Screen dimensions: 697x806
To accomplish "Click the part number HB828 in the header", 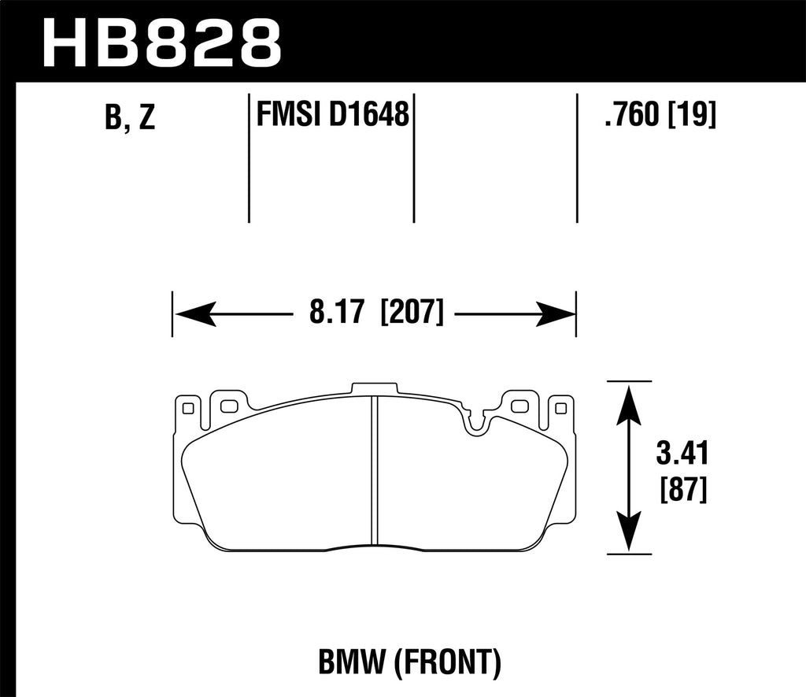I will [161, 41].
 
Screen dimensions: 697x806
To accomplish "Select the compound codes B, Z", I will [130, 118].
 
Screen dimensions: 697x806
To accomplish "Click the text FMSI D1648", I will [331, 116].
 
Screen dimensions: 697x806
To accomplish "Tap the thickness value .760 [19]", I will [659, 117].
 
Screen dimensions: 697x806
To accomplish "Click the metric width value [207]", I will [412, 313].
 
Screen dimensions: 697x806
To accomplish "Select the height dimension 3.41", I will [682, 454].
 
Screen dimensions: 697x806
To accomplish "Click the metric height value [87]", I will [682, 492].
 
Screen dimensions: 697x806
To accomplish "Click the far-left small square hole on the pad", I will [187, 408].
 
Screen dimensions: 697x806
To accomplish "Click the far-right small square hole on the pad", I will [560, 408].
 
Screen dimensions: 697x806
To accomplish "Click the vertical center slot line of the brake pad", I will [373, 473].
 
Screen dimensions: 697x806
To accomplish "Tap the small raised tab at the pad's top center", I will [374, 388].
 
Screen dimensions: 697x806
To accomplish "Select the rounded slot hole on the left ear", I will [229, 406].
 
